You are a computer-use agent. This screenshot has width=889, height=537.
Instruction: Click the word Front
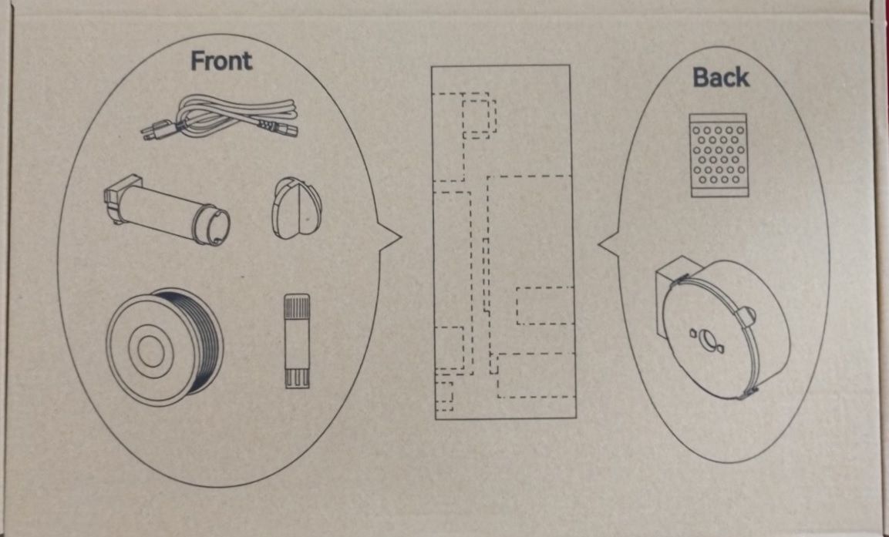tap(221, 61)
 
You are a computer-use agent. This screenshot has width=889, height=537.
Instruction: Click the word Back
tap(721, 77)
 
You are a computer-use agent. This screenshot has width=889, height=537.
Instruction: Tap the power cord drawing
tap(219, 118)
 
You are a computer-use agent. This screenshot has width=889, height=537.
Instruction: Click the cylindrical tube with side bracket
tap(167, 209)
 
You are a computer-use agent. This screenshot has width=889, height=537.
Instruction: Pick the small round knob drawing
tap(297, 208)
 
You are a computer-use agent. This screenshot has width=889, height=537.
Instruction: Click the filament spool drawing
tap(164, 347)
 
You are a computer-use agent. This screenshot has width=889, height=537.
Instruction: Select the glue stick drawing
tap(297, 341)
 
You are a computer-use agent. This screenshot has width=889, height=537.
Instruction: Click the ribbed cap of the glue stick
tap(297, 306)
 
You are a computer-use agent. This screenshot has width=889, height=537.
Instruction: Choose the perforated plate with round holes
tap(719, 155)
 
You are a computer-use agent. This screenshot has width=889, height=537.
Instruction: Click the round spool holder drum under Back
tap(723, 328)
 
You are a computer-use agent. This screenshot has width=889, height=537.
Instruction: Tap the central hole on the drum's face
tap(706, 339)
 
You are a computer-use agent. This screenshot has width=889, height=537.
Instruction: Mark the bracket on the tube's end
tap(121, 199)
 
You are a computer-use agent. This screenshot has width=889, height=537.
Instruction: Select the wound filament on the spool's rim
tap(196, 340)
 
